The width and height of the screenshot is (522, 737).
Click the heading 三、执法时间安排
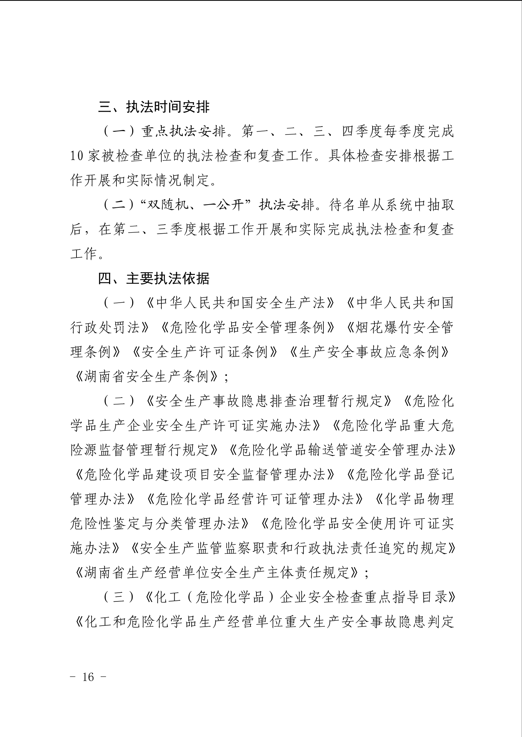tap(154, 107)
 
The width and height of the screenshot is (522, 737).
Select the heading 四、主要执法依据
tap(154, 278)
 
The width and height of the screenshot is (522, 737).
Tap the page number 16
tap(88, 677)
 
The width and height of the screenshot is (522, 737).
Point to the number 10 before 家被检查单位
tap(76, 156)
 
